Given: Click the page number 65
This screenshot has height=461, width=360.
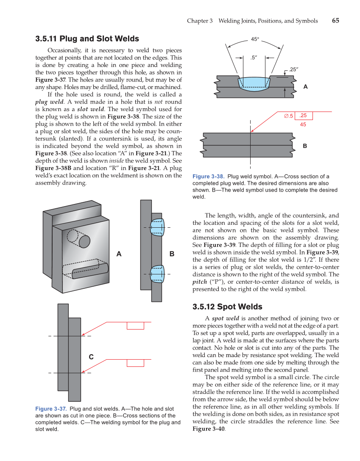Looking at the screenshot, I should click(335, 20).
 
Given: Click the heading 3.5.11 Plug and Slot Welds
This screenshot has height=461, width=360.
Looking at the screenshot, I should click(87, 39).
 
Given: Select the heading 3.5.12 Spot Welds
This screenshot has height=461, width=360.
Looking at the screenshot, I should click(227, 307).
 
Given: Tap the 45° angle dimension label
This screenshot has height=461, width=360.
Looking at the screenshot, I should click(255, 39).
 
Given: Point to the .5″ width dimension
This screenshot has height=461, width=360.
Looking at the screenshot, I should click(254, 57).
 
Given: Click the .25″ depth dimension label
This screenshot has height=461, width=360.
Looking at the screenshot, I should click(293, 69).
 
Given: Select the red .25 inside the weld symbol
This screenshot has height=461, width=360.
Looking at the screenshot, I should click(303, 115).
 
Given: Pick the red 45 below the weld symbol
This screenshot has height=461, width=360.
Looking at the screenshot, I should click(303, 125).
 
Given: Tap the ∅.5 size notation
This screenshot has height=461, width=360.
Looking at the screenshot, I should click(289, 116).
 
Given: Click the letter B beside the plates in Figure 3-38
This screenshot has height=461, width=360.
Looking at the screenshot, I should click(304, 146).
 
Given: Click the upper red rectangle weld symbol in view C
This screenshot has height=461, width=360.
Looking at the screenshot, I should click(135, 326).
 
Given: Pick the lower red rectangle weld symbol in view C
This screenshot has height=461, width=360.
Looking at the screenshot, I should click(135, 363).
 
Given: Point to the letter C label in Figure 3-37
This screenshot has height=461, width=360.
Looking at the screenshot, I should click(91, 357).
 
